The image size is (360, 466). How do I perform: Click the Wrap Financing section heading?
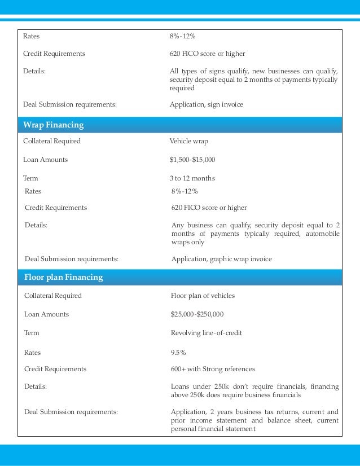tap(54, 124)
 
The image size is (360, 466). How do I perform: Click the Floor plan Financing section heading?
tap(63, 278)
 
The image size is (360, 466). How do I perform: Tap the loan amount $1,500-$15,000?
tap(192, 160)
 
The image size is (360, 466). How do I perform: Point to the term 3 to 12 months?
tap(192, 178)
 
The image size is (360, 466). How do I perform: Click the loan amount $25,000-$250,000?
tap(197, 314)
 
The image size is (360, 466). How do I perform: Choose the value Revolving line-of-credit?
tap(206, 333)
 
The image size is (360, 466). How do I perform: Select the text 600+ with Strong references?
tap(213, 369)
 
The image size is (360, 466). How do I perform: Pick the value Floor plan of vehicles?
tap(203, 296)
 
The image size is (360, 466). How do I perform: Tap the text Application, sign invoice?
tap(207, 104)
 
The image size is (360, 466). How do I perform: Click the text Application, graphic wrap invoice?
tap(221, 260)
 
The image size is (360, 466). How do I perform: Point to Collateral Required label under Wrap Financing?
tap(52, 141)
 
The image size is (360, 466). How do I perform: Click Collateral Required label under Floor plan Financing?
tap(53, 296)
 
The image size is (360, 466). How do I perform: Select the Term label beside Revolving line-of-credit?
tap(32, 333)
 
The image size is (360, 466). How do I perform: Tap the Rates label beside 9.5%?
tap(33, 353)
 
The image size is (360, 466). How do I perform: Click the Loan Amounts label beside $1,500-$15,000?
tap(45, 160)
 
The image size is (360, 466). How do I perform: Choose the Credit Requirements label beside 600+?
tap(55, 369)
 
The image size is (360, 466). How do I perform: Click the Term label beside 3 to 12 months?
tap(30, 178)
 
